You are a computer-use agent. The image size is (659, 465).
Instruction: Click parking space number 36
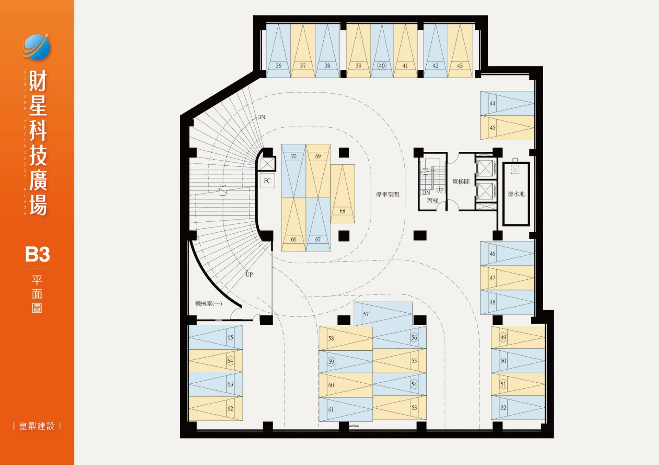coord(278,51)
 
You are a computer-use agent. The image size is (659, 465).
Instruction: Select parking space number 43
coord(460,51)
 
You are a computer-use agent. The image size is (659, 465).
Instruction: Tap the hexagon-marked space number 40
coord(382,51)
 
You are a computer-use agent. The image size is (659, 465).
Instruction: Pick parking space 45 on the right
coord(507,128)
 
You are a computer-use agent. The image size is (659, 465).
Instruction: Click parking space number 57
coord(383,314)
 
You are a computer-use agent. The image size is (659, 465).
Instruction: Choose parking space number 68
coord(343,194)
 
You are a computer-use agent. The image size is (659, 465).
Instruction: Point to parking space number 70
coord(293,171)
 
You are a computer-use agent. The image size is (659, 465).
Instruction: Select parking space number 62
coord(216,408)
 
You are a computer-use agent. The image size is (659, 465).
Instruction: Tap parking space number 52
coord(518,407)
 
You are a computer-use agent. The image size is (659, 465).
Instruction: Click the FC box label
coord(267,181)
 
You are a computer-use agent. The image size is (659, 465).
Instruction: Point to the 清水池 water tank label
coord(516,194)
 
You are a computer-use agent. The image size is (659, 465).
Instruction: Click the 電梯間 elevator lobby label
coord(461,182)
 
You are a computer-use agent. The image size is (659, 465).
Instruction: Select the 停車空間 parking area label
coord(387,195)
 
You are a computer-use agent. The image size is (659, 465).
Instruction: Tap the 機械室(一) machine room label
coord(208,303)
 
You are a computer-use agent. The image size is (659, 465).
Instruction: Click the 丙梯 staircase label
coord(432,200)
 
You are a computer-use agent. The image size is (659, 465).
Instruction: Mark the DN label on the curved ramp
coord(261,117)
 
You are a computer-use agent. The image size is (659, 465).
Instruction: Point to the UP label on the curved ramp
coord(249,275)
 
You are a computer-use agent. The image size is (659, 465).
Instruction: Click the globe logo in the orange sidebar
coord(36,47)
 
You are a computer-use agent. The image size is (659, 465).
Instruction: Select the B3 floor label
coord(37,254)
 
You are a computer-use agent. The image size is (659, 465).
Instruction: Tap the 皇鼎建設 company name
coord(37,426)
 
